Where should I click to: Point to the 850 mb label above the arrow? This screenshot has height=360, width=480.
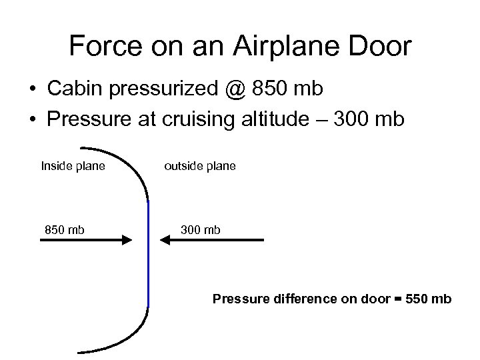[65, 230]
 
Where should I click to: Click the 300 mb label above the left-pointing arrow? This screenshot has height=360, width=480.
[200, 230]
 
